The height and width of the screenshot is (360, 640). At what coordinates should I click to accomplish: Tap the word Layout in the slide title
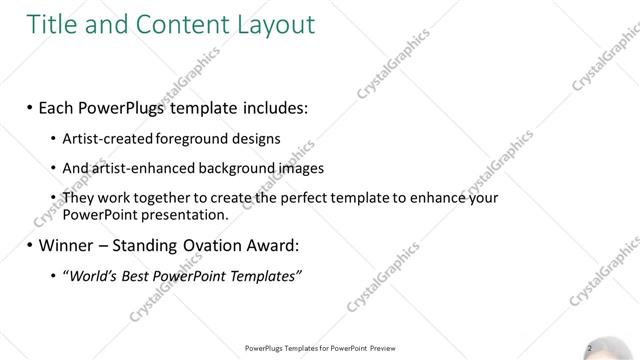point(273,21)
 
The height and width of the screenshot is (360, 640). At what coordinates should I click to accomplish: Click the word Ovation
point(214,245)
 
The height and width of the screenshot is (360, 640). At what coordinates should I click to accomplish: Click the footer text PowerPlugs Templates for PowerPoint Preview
point(319,348)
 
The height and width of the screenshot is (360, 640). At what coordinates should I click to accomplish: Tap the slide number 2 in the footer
point(590,348)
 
